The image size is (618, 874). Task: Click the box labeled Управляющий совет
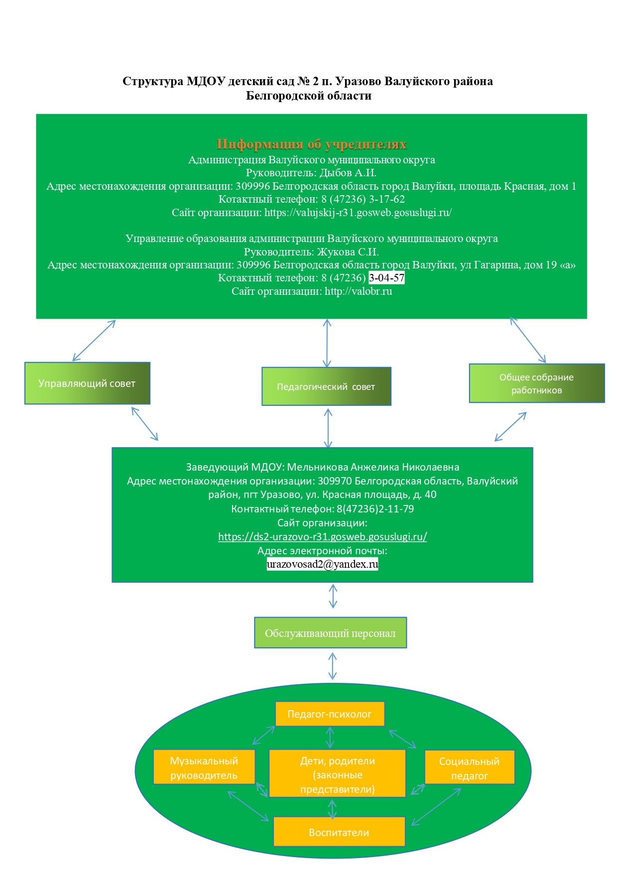pos(87,383)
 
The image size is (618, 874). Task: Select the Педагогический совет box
pos(327,386)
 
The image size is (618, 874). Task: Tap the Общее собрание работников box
pos(537,383)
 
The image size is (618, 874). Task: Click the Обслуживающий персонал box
pos(331,633)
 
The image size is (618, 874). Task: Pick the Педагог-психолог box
pos(330,714)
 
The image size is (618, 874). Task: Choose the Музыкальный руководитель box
pos(204,767)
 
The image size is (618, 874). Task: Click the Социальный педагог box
pos(469,767)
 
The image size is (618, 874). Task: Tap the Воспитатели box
pos(339,832)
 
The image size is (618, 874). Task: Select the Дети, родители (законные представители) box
pos(338,773)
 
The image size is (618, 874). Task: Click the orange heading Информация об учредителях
pos(312,144)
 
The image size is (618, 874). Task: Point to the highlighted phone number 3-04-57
pos(386,278)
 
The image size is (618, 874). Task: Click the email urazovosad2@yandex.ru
pos(323,564)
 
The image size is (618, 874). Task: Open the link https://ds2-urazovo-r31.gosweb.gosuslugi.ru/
pos(323,537)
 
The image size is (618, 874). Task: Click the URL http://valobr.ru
pos(359,291)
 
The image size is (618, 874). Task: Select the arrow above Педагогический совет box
pos(327,343)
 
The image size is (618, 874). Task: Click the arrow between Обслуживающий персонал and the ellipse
pos(333,666)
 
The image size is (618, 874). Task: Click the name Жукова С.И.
pos(348,252)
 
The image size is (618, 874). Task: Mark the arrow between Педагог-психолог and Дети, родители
pos(330,738)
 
